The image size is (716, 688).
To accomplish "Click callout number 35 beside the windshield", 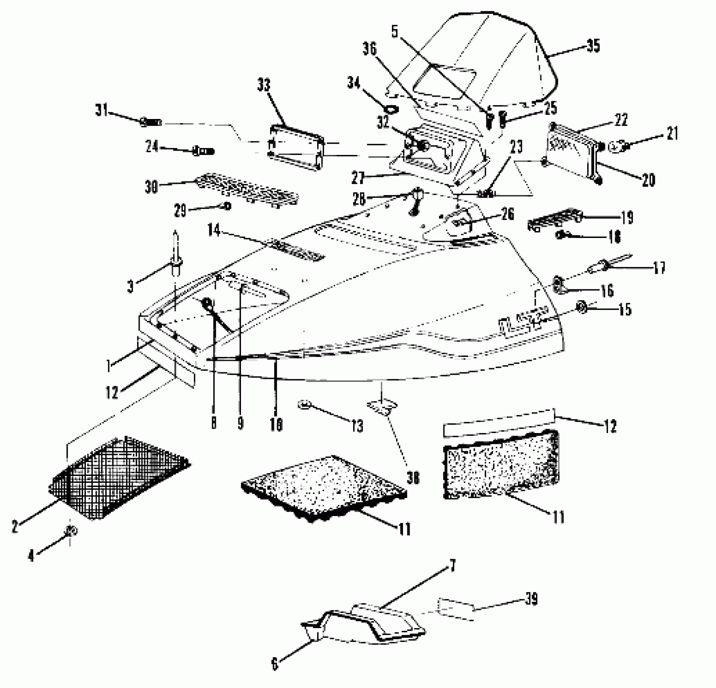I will tap(593, 46).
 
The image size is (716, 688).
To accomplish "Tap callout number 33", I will tap(264, 86).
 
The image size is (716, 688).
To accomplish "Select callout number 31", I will tap(101, 110).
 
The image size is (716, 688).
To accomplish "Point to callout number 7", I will tap(452, 566).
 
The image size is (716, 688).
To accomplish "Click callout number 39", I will tap(531, 599).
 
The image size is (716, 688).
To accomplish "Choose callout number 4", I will tap(31, 556).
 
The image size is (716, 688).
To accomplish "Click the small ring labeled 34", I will tap(391, 109).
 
